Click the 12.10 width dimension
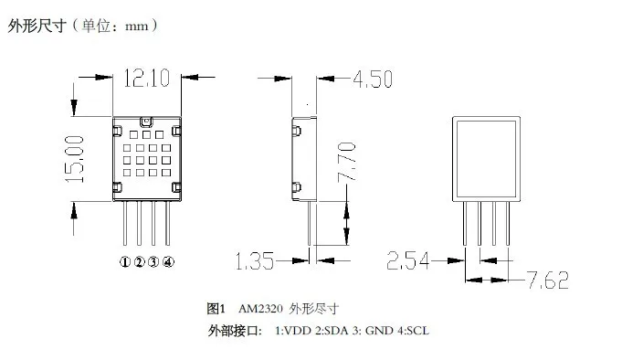(147, 78)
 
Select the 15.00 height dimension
(75, 159)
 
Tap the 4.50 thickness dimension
(373, 79)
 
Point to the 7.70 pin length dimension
(346, 162)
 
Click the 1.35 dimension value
(255, 261)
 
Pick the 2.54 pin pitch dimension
(408, 260)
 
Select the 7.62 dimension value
(548, 280)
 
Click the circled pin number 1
(125, 262)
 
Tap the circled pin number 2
(139, 262)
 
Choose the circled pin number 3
(153, 262)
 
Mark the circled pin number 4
(168, 262)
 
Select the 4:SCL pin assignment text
(414, 331)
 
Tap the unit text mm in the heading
(136, 27)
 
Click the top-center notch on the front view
(146, 121)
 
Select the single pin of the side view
(310, 223)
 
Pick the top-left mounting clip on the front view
(117, 131)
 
